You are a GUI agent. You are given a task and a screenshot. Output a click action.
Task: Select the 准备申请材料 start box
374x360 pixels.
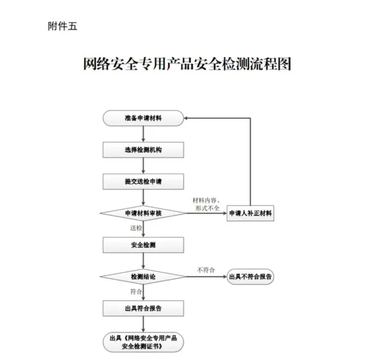143,118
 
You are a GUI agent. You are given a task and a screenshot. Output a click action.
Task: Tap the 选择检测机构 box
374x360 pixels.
143,150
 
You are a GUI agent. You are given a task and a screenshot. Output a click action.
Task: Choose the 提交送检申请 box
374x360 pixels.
143,181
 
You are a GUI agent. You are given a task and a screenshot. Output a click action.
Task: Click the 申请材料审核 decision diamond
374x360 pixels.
143,214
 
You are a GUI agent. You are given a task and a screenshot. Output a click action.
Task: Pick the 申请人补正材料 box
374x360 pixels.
250,214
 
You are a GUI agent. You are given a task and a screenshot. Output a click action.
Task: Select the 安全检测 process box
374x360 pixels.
143,245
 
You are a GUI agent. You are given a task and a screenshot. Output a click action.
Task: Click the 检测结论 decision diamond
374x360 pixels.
143,277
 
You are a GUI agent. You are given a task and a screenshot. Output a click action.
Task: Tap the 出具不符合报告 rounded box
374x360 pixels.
250,277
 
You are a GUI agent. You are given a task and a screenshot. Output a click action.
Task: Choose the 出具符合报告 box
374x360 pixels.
143,308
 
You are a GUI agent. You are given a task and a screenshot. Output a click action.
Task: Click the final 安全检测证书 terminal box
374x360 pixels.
143,341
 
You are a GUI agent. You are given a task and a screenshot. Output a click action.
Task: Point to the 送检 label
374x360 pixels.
136,228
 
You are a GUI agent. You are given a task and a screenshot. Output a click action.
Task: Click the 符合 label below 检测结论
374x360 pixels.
136,291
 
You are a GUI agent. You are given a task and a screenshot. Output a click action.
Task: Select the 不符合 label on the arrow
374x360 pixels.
205,269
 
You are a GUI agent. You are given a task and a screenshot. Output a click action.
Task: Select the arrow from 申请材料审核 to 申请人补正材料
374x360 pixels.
206,214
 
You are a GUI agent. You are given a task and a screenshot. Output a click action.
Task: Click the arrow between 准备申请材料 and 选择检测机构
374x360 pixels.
143,134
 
